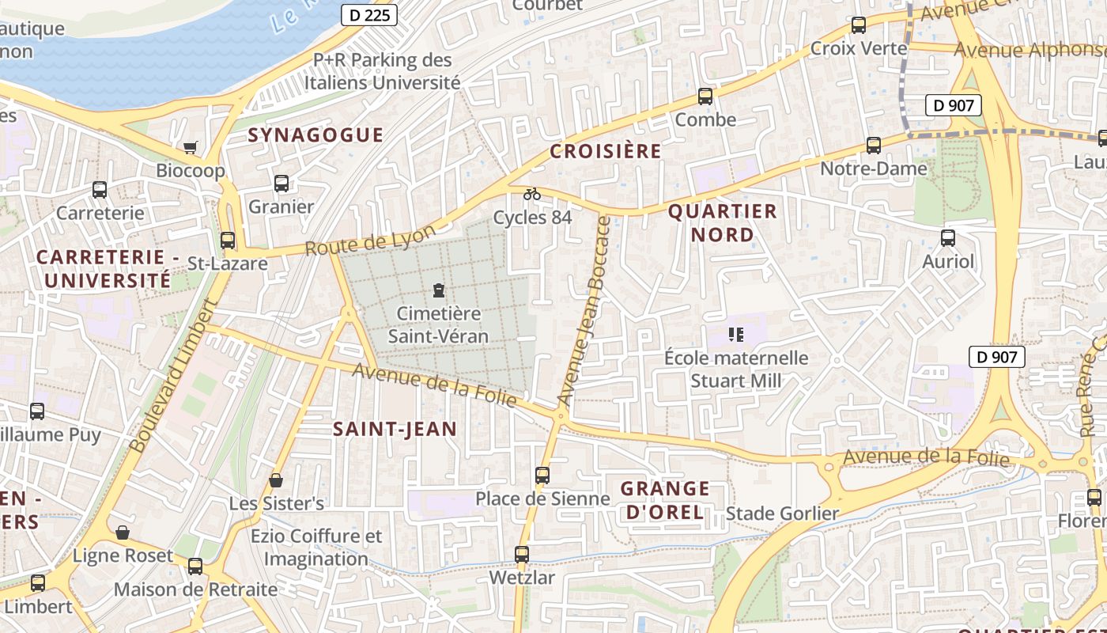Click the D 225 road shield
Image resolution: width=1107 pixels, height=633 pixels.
369,15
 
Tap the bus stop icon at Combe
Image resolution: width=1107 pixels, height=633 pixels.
705,97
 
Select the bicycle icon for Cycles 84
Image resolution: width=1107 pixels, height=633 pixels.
532,194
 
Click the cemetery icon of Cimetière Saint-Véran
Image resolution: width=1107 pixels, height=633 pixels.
439,290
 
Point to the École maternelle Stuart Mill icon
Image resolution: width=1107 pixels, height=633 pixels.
736,335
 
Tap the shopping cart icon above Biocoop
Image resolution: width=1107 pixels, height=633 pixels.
190,147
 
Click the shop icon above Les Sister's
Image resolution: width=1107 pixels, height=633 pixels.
276,480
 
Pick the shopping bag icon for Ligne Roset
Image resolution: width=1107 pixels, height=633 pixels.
123,533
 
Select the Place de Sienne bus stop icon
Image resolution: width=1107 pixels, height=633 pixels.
542,476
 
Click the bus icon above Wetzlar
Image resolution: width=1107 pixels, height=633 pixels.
522,555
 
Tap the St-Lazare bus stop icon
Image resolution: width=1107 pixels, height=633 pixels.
228,241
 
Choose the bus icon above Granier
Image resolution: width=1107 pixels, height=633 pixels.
281,184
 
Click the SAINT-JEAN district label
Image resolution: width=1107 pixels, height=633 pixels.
395,430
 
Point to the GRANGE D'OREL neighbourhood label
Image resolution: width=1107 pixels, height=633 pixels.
664,500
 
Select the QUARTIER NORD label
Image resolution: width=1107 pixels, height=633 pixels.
723,223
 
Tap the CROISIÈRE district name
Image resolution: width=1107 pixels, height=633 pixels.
605,152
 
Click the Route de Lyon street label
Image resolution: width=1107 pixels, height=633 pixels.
370,241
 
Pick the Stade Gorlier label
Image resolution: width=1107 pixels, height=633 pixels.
782,514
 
